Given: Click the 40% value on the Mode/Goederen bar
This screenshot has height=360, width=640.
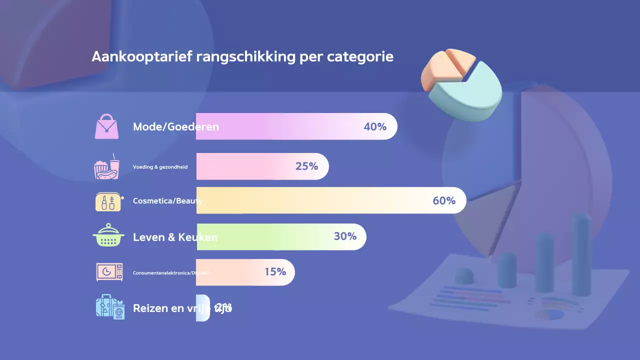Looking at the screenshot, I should (x=375, y=127).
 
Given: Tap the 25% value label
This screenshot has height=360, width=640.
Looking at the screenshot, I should (x=306, y=166).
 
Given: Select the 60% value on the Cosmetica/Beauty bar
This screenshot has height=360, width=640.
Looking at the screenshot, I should (x=444, y=201).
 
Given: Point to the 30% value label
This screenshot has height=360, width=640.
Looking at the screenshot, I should (x=345, y=236).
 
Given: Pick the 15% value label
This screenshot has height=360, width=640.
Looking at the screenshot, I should (x=275, y=272).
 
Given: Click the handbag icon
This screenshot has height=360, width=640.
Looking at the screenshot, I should (x=107, y=126).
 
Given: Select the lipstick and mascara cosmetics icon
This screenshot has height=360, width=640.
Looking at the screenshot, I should (x=108, y=201).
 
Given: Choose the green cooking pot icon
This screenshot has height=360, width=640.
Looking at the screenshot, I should (x=108, y=236).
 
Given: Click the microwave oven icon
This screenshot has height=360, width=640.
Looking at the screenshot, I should (x=109, y=272).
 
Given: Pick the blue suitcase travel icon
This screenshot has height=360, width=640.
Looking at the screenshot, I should (x=109, y=307).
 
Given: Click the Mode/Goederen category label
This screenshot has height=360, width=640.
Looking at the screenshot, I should (x=176, y=127).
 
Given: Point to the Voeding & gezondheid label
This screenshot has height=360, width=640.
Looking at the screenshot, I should (x=160, y=167).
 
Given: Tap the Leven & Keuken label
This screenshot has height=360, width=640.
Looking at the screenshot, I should (x=175, y=237).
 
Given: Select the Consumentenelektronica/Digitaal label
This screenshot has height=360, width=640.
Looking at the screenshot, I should (x=170, y=273).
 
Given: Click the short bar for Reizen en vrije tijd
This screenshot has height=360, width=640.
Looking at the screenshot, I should (x=202, y=308).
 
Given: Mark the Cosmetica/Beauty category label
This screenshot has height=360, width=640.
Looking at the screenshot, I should (x=167, y=201).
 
